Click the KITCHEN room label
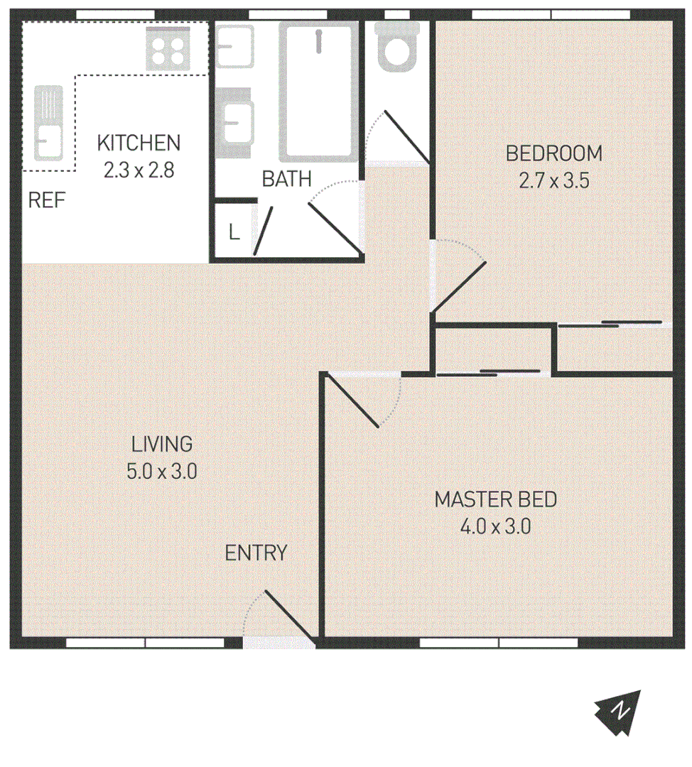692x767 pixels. pos(139,143)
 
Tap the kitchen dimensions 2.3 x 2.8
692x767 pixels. pos(139,170)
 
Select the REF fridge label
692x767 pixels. pos(47,201)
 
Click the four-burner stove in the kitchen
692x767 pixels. pos(168,49)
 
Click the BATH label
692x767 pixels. pos(286,179)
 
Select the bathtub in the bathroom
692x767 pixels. pos(319,91)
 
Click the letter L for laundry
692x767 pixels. pos(234,232)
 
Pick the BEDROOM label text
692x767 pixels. pos(553,153)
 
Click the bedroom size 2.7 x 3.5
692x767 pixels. pos(553,180)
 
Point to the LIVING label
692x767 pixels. pos(162,445)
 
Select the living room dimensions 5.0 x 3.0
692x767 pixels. pos(162,472)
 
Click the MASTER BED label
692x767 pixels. pos(495,499)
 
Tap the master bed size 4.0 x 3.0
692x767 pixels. pos(495,527)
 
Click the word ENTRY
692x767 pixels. pos(256,553)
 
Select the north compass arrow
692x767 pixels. pos(619,712)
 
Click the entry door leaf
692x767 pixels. pos(290,615)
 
